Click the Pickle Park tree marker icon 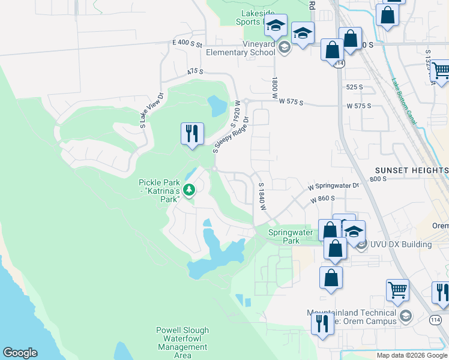[190, 190]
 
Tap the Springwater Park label [283, 236]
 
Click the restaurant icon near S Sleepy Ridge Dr [193, 133]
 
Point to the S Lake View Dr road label [152, 110]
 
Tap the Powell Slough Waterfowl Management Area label [182, 343]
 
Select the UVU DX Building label [401, 244]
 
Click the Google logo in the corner [20, 353]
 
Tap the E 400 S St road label [187, 44]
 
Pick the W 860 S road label [322, 198]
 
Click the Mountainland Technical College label [352, 317]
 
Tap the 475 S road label [195, 71]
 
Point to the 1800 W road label [275, 87]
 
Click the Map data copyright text [412, 355]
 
